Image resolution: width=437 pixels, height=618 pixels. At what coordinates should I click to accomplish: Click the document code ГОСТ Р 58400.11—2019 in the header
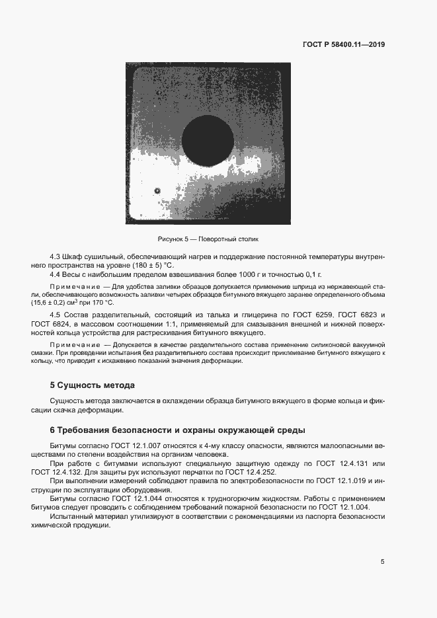pyautogui.click(x=344, y=45)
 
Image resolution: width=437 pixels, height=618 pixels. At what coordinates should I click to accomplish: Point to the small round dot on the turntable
pyautogui.click(x=157, y=191)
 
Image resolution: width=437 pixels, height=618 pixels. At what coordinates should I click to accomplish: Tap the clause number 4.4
pyautogui.click(x=56, y=274)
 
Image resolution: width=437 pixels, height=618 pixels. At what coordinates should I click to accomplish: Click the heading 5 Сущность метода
pyautogui.click(x=93, y=385)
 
